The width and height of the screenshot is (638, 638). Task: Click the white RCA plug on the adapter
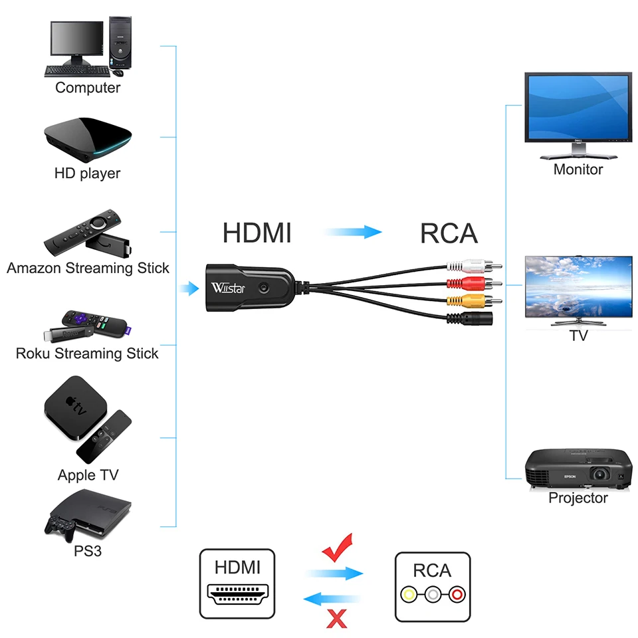[x=474, y=266]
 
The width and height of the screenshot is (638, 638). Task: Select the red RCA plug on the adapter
[x=474, y=283]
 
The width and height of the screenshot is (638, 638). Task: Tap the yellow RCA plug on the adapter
[x=474, y=301]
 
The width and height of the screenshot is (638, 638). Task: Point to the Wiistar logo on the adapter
[x=228, y=288]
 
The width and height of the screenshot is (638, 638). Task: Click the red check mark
[x=338, y=548]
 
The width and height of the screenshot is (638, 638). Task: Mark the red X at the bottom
[x=337, y=619]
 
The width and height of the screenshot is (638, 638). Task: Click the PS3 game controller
[x=60, y=528]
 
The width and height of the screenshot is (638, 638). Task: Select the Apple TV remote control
[x=104, y=437]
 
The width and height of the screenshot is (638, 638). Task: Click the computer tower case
[x=120, y=43]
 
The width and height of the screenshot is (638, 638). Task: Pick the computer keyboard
[x=77, y=72]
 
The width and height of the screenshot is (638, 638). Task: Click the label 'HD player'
[x=88, y=173]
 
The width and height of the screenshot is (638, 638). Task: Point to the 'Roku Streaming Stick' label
[x=87, y=354]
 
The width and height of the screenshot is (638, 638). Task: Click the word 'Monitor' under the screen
[x=578, y=169]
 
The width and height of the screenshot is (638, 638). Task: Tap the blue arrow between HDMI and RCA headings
[x=353, y=232]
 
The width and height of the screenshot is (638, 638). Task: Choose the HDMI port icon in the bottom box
[x=238, y=594]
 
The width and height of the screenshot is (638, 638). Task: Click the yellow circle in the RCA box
[x=409, y=595]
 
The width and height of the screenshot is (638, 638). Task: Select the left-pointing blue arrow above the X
[x=332, y=599]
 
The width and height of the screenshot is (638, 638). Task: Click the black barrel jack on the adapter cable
[x=470, y=318]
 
